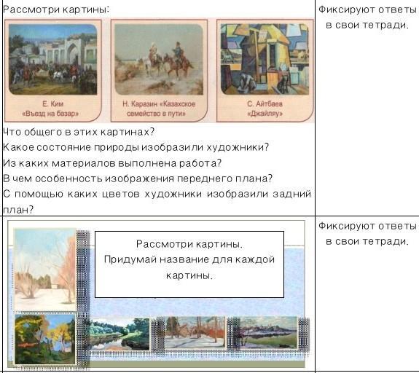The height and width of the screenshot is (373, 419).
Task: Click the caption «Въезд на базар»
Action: click(50, 114)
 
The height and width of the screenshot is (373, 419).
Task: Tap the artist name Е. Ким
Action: click(53, 103)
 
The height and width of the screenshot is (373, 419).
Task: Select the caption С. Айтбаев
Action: click(265, 103)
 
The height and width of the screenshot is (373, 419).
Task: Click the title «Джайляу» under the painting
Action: click(265, 114)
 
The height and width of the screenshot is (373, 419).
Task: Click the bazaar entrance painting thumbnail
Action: click(53, 59)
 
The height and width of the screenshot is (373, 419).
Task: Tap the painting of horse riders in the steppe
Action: click(159, 59)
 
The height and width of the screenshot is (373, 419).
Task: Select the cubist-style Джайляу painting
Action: click(265, 59)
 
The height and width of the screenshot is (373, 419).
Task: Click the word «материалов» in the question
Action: click(83, 163)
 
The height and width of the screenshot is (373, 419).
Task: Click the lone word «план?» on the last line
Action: click(18, 210)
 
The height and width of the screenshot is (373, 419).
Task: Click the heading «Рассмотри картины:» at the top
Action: click(56, 10)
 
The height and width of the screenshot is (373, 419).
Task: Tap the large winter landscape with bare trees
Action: click(45, 270)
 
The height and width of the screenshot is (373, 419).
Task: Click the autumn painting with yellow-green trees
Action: click(45, 339)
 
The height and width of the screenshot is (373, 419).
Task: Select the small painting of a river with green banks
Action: click(120, 334)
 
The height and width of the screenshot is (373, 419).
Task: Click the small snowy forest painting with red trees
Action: click(195, 332)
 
